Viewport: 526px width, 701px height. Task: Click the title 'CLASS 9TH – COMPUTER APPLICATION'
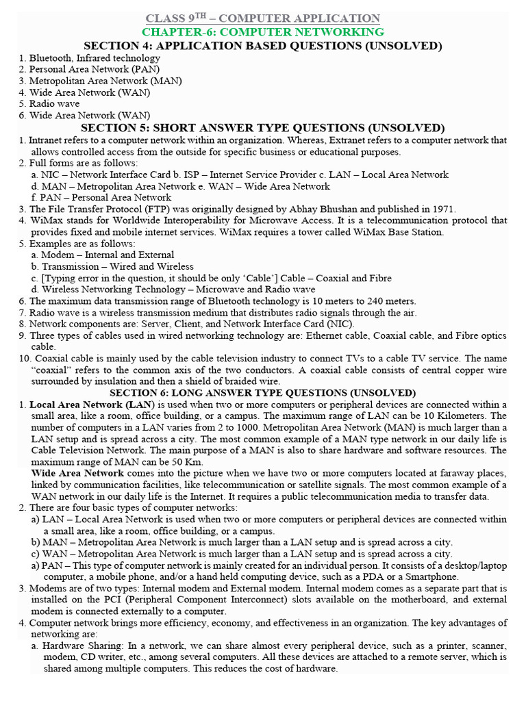(x=263, y=18)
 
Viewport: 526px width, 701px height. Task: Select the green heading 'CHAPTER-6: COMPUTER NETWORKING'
(x=263, y=32)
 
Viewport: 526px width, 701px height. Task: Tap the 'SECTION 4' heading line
(x=263, y=46)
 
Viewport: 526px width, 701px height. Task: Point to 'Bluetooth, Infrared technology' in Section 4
(x=95, y=58)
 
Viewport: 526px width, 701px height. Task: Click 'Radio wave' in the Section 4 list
(x=54, y=104)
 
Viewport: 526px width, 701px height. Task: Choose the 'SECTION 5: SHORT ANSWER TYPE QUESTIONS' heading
(x=263, y=128)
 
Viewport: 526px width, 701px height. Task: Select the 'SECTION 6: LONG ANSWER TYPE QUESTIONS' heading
(x=263, y=393)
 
